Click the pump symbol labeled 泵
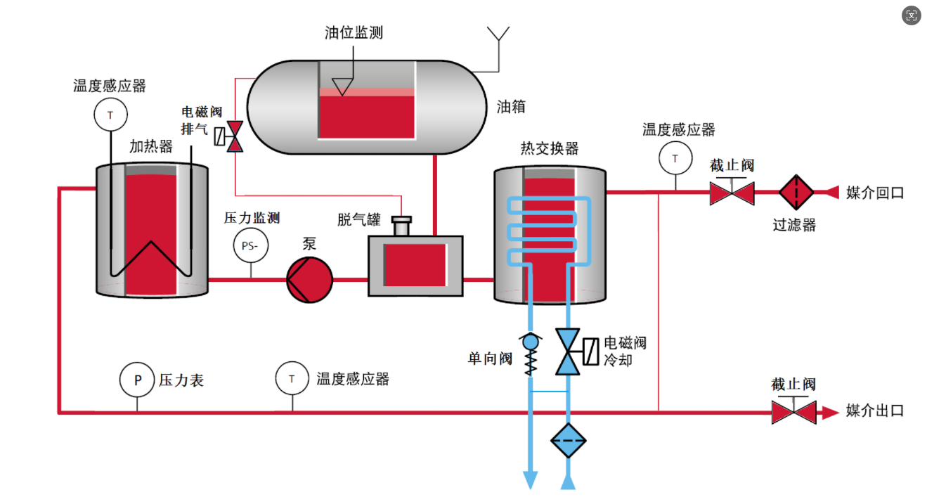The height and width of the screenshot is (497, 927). [x=309, y=280]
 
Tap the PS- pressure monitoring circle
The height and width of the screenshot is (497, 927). [x=250, y=245]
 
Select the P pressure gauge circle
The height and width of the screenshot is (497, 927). [x=137, y=380]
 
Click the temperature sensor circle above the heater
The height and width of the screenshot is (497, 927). [x=110, y=114]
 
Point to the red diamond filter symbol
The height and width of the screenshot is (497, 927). [x=796, y=192]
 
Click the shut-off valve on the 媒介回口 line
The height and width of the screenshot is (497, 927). [x=732, y=193]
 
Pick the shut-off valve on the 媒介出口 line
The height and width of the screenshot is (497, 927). [x=793, y=412]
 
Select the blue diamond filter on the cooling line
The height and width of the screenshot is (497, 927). [x=568, y=441]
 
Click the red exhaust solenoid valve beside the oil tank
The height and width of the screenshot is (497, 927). [x=235, y=136]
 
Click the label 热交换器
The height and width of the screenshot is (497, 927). [x=549, y=148]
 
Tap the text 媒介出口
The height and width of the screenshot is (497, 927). [x=874, y=411]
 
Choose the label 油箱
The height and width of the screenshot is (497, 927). [x=511, y=107]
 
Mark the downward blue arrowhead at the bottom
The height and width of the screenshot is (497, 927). [x=531, y=479]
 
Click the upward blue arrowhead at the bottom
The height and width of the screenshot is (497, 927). [x=568, y=480]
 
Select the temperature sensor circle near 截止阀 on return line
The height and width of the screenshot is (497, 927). [x=675, y=158]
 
